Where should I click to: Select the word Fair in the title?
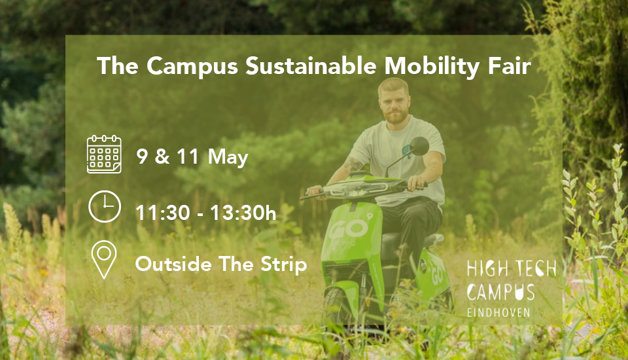pos(510,66)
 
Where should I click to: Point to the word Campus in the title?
pos(192,66)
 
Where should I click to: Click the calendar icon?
pos(105,154)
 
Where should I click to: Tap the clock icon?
pos(105,207)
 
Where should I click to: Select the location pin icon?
pos(103,260)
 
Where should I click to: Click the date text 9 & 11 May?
pos(192,157)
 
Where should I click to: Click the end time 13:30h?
pos(239,212)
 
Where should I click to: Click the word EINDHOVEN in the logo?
pos(499,312)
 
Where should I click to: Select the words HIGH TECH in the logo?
pos(511,269)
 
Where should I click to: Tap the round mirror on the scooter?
pos(419,146)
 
